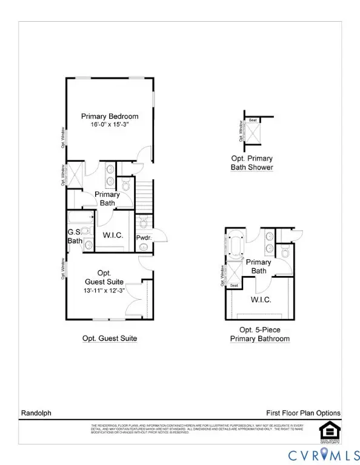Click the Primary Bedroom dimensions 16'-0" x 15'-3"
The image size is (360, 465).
click(110, 125)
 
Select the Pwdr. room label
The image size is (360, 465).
click(143, 238)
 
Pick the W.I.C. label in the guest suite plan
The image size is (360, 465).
click(113, 234)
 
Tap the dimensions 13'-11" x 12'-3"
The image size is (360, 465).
click(105, 291)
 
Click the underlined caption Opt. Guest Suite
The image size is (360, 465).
click(110, 338)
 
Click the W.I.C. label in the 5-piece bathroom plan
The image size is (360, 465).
click(261, 300)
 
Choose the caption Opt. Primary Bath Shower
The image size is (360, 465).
click(252, 163)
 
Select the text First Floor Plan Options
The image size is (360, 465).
click(303, 413)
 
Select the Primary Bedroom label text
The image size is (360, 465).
click(110, 116)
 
